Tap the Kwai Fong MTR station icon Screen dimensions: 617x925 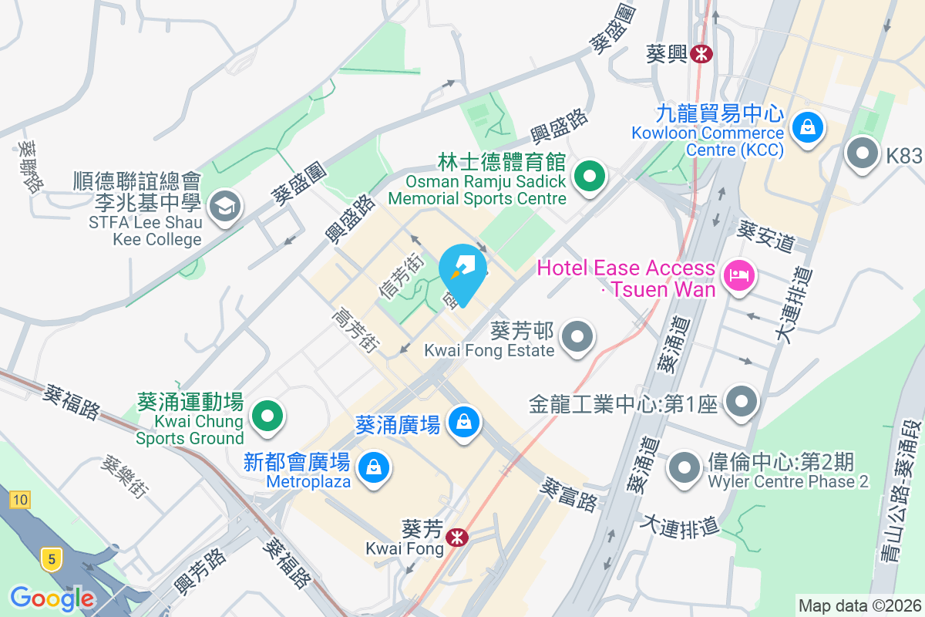click(457, 537)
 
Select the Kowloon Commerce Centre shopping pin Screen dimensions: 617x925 click(807, 126)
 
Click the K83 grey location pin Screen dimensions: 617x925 click(863, 153)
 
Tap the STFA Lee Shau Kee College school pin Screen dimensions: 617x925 click(225, 205)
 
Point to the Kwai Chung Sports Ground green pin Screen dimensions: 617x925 click(267, 416)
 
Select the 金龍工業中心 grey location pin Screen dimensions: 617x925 click(742, 400)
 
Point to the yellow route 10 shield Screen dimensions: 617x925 click(20, 501)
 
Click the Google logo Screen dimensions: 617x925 click(52, 598)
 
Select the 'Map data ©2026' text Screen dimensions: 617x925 click(859, 606)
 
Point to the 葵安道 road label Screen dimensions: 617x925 click(765, 236)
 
